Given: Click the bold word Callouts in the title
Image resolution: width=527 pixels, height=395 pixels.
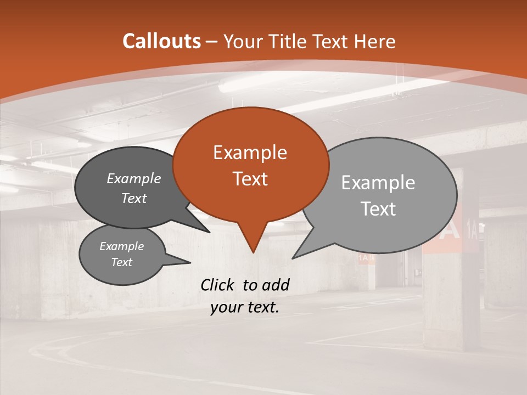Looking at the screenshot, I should (161, 41).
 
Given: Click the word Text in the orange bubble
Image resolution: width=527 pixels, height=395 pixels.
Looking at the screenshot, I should (250, 179).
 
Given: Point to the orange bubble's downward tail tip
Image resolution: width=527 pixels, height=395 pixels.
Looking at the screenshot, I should (253, 252).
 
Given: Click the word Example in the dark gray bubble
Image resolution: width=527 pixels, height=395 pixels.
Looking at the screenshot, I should (133, 178).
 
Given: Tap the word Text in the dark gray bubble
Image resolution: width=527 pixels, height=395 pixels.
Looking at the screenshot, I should (133, 198).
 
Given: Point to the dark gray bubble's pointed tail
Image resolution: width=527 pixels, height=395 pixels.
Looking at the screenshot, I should (209, 232).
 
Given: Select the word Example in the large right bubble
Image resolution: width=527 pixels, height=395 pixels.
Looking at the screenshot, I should (378, 182).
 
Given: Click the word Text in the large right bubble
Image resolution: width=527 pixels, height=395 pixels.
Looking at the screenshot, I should (378, 209).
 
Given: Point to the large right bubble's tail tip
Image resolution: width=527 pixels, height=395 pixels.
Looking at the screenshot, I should (292, 258).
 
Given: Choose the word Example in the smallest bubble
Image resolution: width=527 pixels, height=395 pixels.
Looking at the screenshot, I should (121, 246).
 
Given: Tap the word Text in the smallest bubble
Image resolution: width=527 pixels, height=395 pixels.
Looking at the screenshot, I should (121, 262).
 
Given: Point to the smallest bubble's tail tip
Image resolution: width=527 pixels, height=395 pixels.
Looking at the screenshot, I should (190, 263).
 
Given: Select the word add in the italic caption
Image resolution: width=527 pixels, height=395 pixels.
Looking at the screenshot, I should (275, 285).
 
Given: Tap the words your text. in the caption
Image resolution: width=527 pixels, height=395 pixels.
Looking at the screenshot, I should (245, 307).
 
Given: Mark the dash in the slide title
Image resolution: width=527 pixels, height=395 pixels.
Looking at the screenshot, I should (212, 42).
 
